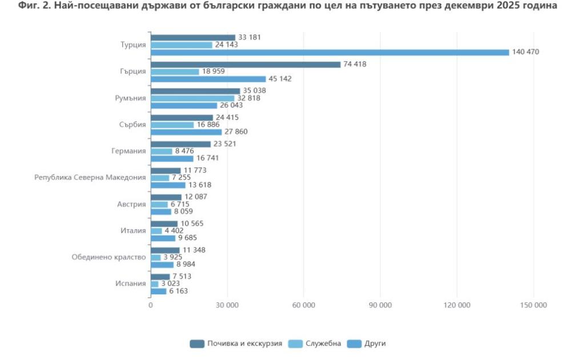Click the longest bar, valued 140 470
(330, 52)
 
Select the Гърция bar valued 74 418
(246, 64)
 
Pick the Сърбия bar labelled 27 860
(186, 132)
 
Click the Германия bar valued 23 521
(180, 144)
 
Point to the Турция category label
(133, 45)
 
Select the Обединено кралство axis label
(109, 257)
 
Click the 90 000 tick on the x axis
(380, 305)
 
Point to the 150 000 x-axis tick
(533, 305)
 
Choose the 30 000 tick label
(227, 305)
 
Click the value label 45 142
(280, 79)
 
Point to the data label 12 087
(196, 197)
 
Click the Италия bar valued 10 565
(164, 223)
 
